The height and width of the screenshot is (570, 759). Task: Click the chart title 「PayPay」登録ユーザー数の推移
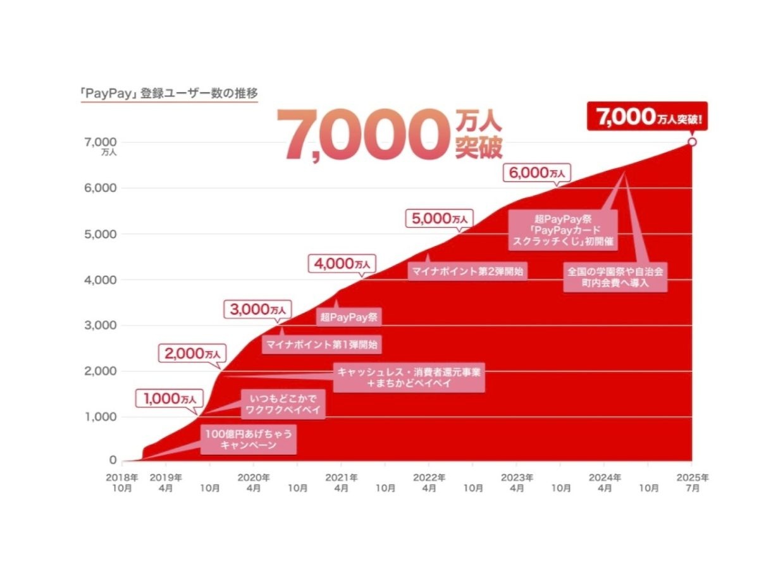coord(169,92)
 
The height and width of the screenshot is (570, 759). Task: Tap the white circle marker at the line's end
coord(692,142)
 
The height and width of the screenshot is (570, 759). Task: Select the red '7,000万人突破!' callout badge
coord(647,116)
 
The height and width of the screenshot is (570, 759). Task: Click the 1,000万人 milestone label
coord(170,399)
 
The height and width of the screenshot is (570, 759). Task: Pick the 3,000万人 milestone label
coord(258,309)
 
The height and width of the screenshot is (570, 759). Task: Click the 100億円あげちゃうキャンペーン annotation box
coord(249,440)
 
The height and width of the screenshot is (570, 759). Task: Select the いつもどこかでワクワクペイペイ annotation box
coord(283,404)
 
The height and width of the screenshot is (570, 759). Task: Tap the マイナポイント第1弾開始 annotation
coord(323,345)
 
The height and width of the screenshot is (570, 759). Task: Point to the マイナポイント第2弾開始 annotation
coord(469,272)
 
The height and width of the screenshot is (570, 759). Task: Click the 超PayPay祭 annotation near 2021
coord(349,317)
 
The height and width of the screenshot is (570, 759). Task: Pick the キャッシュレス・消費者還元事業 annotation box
coord(409,378)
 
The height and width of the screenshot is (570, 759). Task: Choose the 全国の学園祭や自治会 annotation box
coord(615,277)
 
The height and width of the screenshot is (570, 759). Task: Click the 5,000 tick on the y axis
coord(104,234)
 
